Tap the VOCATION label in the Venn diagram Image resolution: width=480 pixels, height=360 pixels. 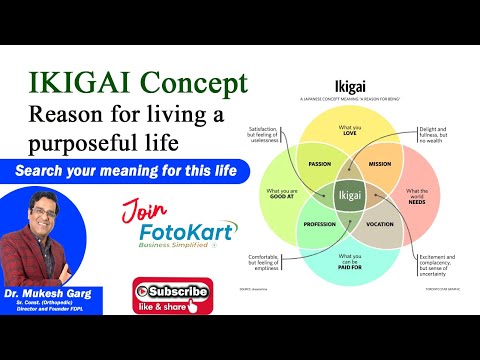click(380, 224)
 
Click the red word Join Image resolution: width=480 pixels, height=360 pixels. click(144, 212)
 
